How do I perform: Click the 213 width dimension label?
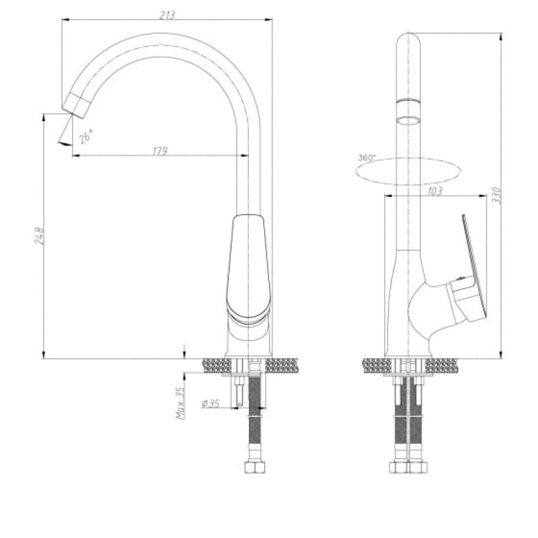(x=167, y=15)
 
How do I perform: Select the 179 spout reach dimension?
(x=160, y=150)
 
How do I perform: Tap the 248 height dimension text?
(x=40, y=235)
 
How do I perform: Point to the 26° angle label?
(x=86, y=137)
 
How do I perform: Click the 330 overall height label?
(x=497, y=195)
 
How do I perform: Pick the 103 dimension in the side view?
(x=434, y=191)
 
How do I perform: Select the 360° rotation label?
(x=367, y=158)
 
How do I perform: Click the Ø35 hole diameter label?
(x=210, y=403)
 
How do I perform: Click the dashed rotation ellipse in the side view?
(x=408, y=159)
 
